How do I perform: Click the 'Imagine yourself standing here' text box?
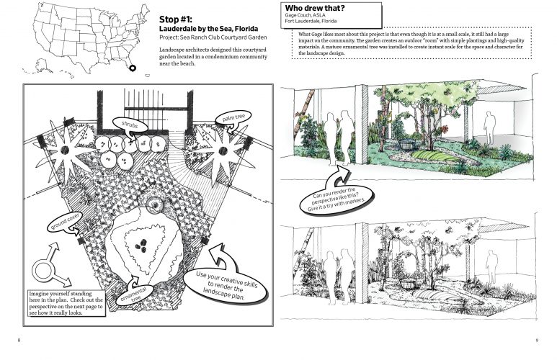66,303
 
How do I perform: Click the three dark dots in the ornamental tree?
146,249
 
